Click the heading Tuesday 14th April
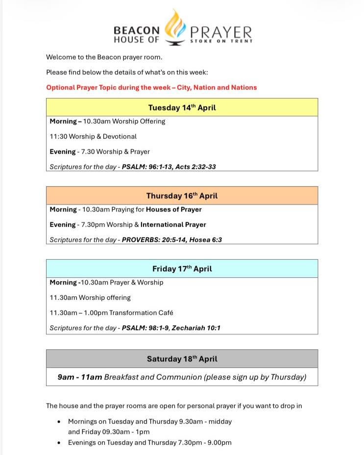pos(182,108)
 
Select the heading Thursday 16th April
pos(182,196)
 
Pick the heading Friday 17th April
pos(182,269)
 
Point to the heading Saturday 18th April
pos(182,359)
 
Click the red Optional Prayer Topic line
pos(151,88)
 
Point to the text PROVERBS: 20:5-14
pos(150,240)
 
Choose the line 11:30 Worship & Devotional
pos(93,137)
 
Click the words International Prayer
pos(173,225)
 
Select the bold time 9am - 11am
pos(80,377)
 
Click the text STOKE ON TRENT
pos(221,42)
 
